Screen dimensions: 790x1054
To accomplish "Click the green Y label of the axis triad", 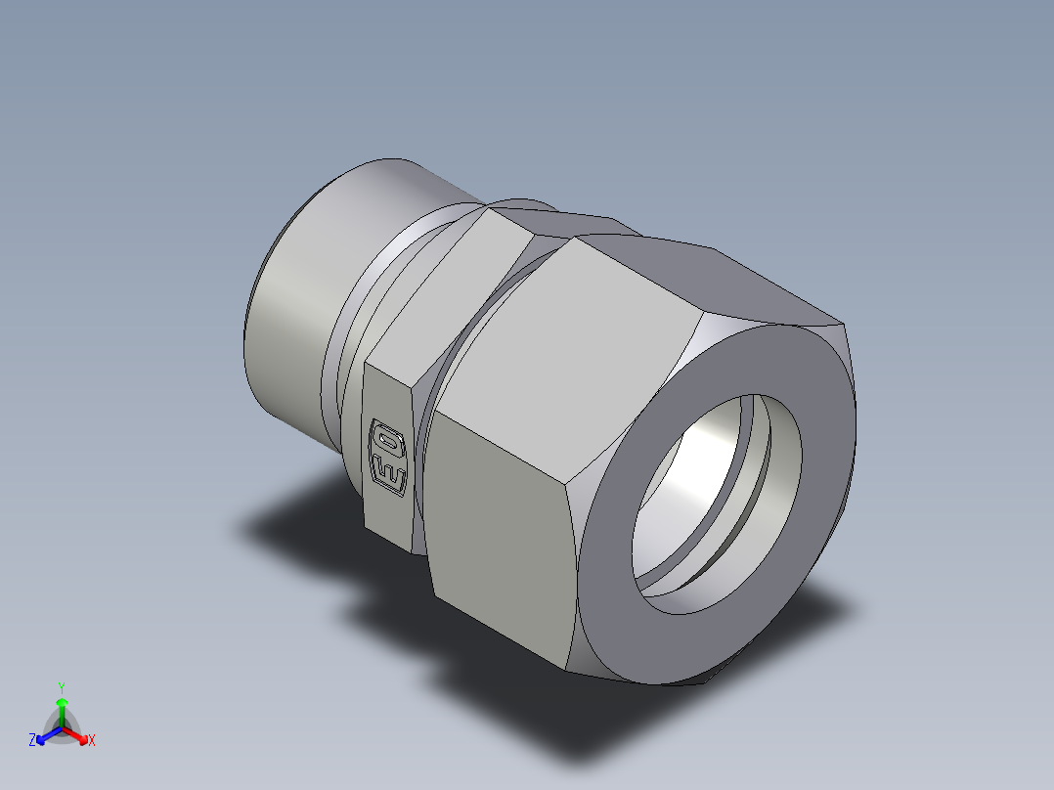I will point(61,687).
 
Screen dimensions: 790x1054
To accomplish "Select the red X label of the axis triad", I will point(91,741).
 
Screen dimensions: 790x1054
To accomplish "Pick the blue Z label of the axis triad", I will point(32,741).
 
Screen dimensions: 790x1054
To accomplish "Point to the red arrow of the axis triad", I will point(78,734).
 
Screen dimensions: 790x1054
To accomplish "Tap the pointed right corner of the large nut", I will point(842,325).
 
